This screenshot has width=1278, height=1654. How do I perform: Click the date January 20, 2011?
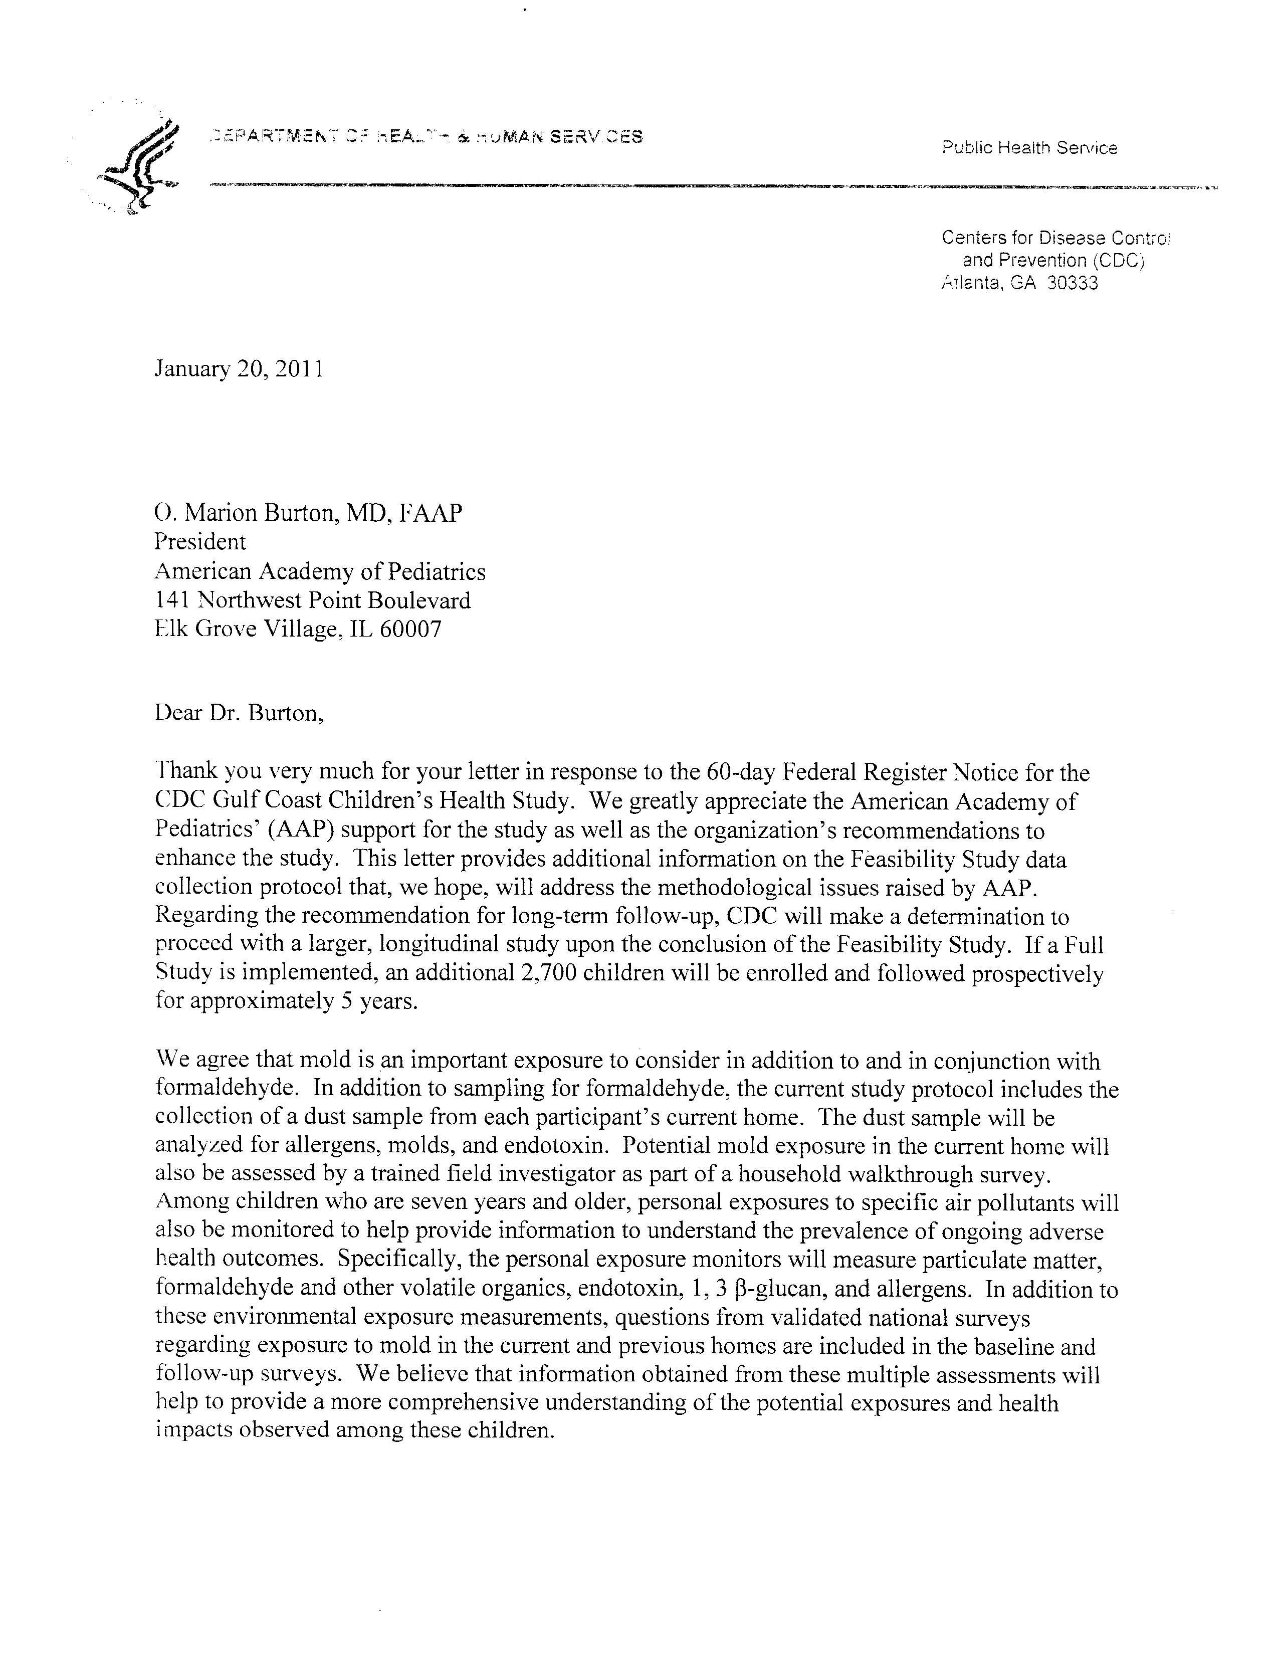click(239, 369)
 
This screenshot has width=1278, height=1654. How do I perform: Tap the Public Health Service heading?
click(1029, 148)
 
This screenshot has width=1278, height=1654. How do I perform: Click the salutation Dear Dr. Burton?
click(239, 713)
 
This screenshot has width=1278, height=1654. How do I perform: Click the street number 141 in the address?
click(172, 600)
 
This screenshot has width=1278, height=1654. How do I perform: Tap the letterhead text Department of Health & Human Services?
click(427, 137)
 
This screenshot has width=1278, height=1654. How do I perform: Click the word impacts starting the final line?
click(193, 1430)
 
